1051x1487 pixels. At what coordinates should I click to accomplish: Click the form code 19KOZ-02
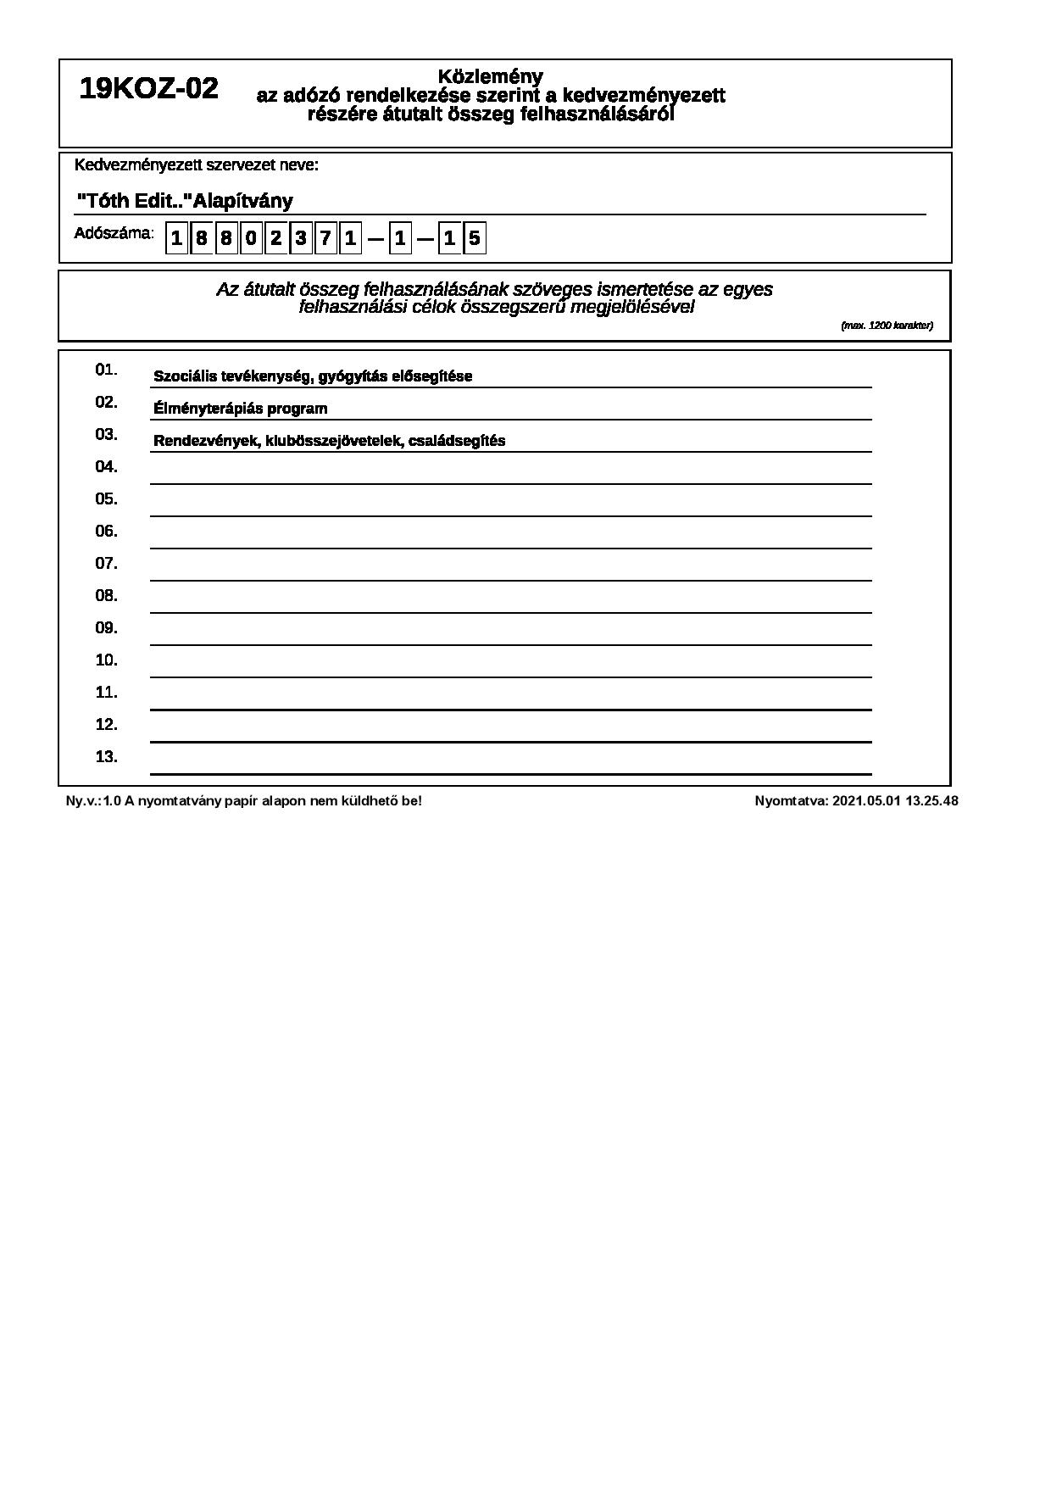tap(148, 88)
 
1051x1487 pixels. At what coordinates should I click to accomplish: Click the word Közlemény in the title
tap(491, 77)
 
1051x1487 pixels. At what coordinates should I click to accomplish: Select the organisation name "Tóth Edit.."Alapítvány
tap(185, 201)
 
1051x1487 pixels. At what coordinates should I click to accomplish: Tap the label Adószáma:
tap(114, 233)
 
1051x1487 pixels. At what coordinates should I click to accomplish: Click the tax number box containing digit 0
tap(251, 238)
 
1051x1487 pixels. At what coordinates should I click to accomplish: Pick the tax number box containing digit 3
tap(300, 238)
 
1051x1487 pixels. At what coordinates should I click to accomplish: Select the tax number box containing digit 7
tap(325, 238)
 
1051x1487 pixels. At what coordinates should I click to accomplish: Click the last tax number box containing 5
tap(475, 238)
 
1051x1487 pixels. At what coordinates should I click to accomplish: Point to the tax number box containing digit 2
tap(275, 238)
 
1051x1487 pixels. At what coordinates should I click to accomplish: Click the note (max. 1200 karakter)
tap(887, 326)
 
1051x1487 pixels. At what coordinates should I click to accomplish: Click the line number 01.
tap(106, 370)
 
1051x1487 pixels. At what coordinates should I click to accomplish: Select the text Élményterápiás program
tap(240, 409)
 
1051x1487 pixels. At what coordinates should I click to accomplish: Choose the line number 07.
tap(106, 564)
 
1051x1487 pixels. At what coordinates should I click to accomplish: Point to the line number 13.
tap(106, 757)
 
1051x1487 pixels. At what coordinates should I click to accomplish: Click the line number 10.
tap(106, 660)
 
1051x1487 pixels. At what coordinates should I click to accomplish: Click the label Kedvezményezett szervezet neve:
tap(197, 165)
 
